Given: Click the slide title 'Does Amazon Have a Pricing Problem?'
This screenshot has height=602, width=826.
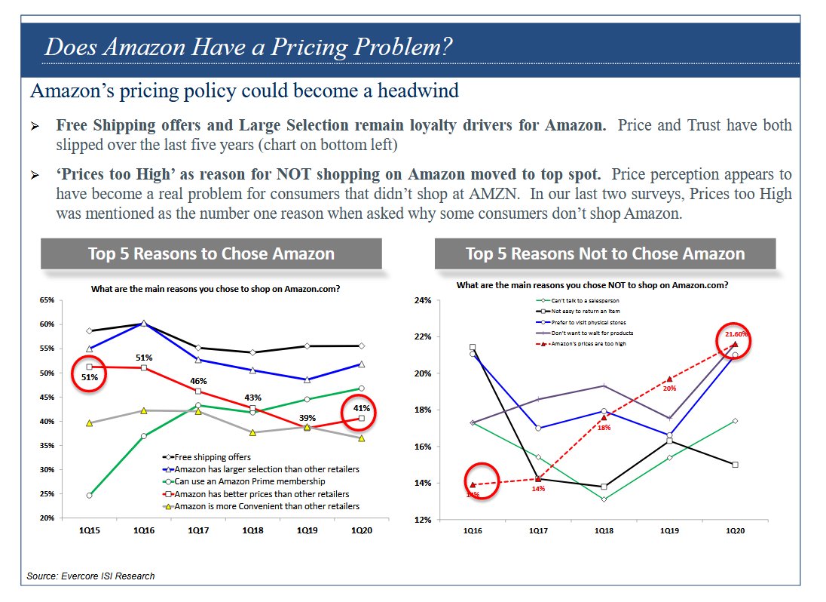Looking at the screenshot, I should pyautogui.click(x=249, y=47).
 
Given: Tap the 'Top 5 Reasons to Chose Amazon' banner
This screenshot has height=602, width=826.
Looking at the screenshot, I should pyautogui.click(x=211, y=253).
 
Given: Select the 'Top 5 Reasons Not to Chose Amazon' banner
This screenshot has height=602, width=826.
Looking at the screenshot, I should pyautogui.click(x=604, y=253).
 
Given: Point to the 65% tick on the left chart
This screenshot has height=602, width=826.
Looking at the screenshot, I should pyautogui.click(x=47, y=300).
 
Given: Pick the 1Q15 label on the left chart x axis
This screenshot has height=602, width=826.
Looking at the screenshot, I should pyautogui.click(x=89, y=531).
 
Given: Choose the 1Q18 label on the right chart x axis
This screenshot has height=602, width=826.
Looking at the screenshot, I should pyautogui.click(x=604, y=531).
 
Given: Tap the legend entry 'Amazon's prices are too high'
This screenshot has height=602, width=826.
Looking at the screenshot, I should pyautogui.click(x=589, y=343).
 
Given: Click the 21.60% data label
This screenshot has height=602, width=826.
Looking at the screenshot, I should pyautogui.click(x=736, y=333).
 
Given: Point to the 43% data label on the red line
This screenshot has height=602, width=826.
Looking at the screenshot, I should pyautogui.click(x=252, y=398).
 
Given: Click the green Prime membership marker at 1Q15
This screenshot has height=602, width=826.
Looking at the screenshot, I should pyautogui.click(x=89, y=496).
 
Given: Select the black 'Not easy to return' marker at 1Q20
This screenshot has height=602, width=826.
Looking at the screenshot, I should pyautogui.click(x=735, y=465).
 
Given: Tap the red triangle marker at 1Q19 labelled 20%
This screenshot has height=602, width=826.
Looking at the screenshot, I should pyautogui.click(x=669, y=379).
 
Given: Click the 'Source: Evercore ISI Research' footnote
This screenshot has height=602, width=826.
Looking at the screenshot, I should pyautogui.click(x=90, y=576).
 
